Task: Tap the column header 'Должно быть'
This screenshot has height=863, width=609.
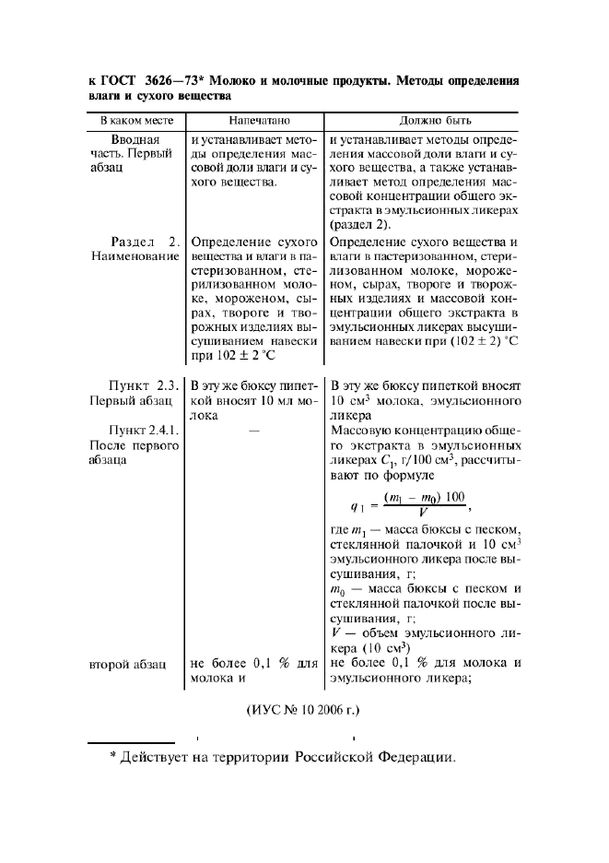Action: [x=424, y=121]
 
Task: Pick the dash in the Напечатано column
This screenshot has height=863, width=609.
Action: [x=254, y=431]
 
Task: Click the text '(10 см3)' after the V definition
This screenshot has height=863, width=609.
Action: [x=378, y=647]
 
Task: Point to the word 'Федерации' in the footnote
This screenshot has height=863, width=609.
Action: [x=415, y=758]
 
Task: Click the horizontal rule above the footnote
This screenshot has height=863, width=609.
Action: [x=131, y=742]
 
